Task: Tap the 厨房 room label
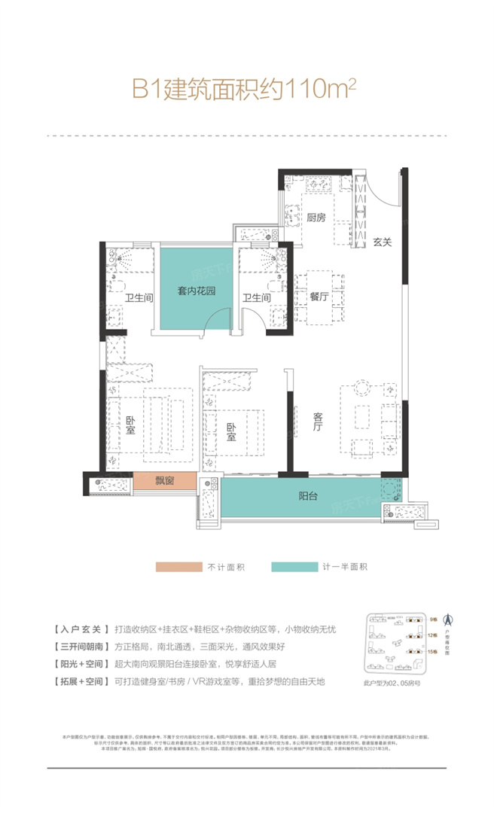(316, 218)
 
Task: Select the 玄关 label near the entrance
(383, 242)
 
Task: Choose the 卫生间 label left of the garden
(139, 298)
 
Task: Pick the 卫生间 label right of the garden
(256, 298)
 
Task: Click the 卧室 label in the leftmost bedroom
(131, 426)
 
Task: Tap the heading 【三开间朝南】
(78, 625)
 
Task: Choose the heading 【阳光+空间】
(78, 643)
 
